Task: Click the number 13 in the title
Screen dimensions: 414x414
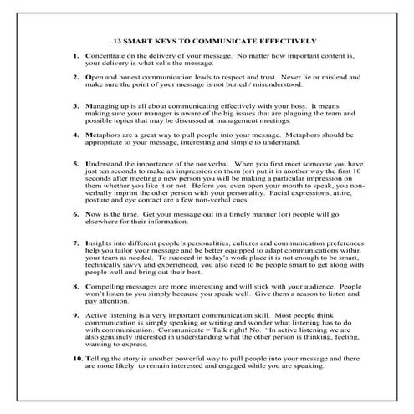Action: click(x=119, y=40)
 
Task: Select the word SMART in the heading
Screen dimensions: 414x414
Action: click(x=143, y=40)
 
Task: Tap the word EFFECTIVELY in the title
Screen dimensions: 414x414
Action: click(x=287, y=40)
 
